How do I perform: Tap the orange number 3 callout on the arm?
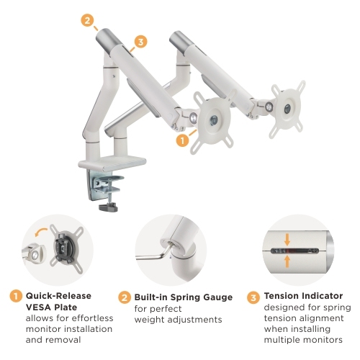pos(140,42)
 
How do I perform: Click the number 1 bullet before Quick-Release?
pos(15,296)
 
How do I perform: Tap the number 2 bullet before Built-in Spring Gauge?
pos(123,296)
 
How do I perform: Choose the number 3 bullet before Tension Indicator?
pos(253,296)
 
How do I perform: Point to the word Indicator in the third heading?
pos(324,295)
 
